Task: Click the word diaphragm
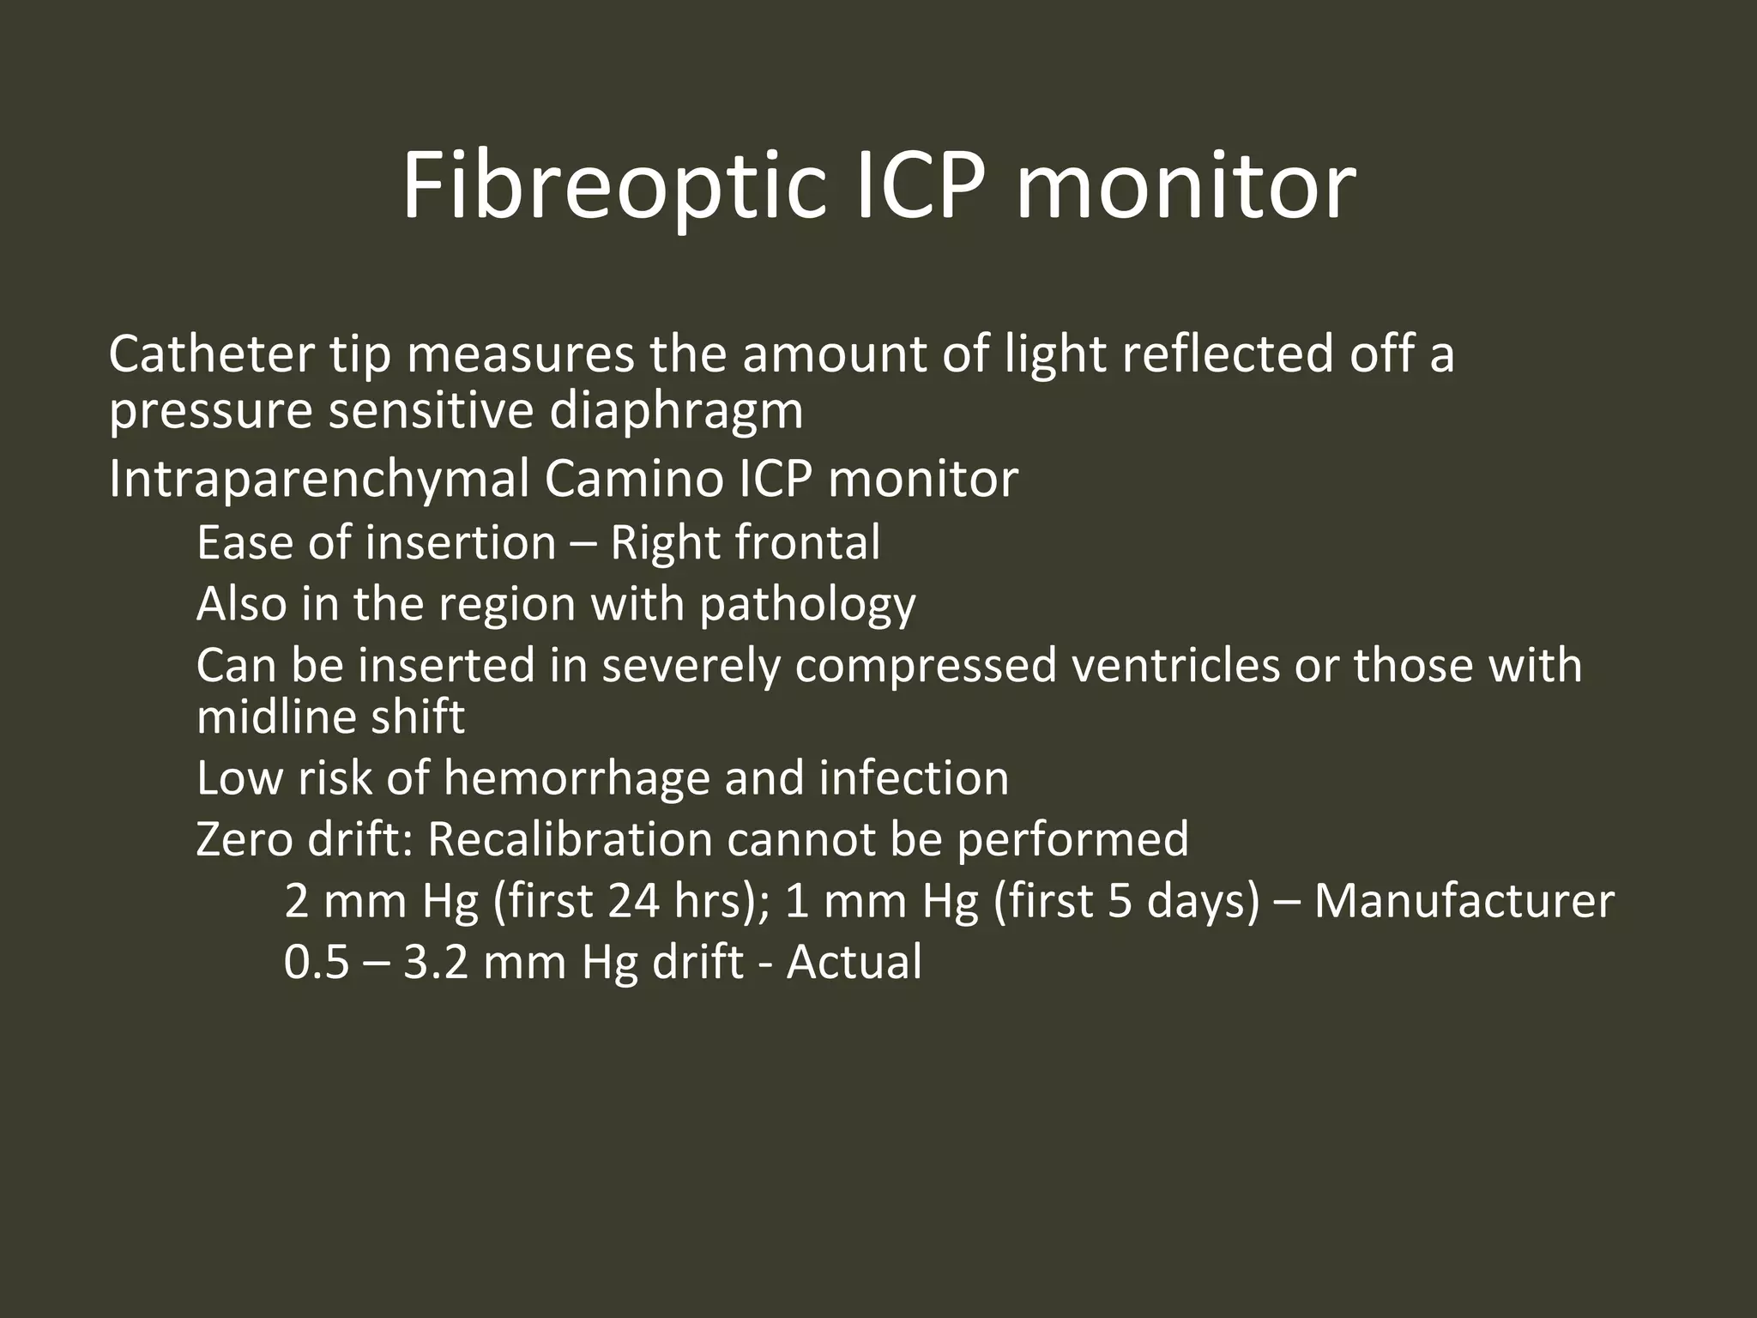coord(676,412)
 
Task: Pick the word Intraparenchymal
coord(319,480)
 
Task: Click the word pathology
coord(807,605)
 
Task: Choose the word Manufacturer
coord(1464,901)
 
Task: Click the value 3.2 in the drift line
coord(436,962)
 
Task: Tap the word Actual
coord(854,962)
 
